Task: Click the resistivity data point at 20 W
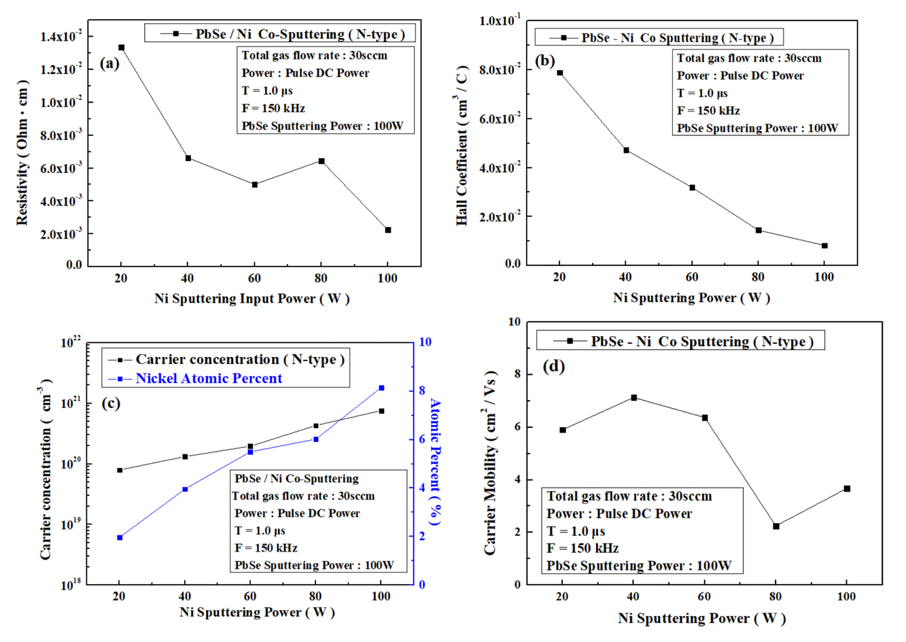pyautogui.click(x=121, y=48)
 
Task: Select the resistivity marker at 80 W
pyautogui.click(x=321, y=161)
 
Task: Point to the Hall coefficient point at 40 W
pyautogui.click(x=626, y=150)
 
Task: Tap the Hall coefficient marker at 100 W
pyautogui.click(x=824, y=246)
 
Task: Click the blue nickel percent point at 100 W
pyautogui.click(x=381, y=388)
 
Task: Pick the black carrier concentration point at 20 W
pyautogui.click(x=120, y=470)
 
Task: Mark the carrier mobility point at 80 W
pyautogui.click(x=776, y=526)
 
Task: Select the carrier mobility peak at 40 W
pyautogui.click(x=633, y=397)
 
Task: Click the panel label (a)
pyautogui.click(x=109, y=64)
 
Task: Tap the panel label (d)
pyautogui.click(x=554, y=367)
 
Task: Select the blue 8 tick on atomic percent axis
pyautogui.click(x=421, y=390)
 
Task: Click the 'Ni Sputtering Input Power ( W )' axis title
pyautogui.click(x=251, y=298)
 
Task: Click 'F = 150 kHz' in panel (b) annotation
pyautogui.click(x=708, y=111)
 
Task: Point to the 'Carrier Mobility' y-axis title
pyautogui.click(x=490, y=462)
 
